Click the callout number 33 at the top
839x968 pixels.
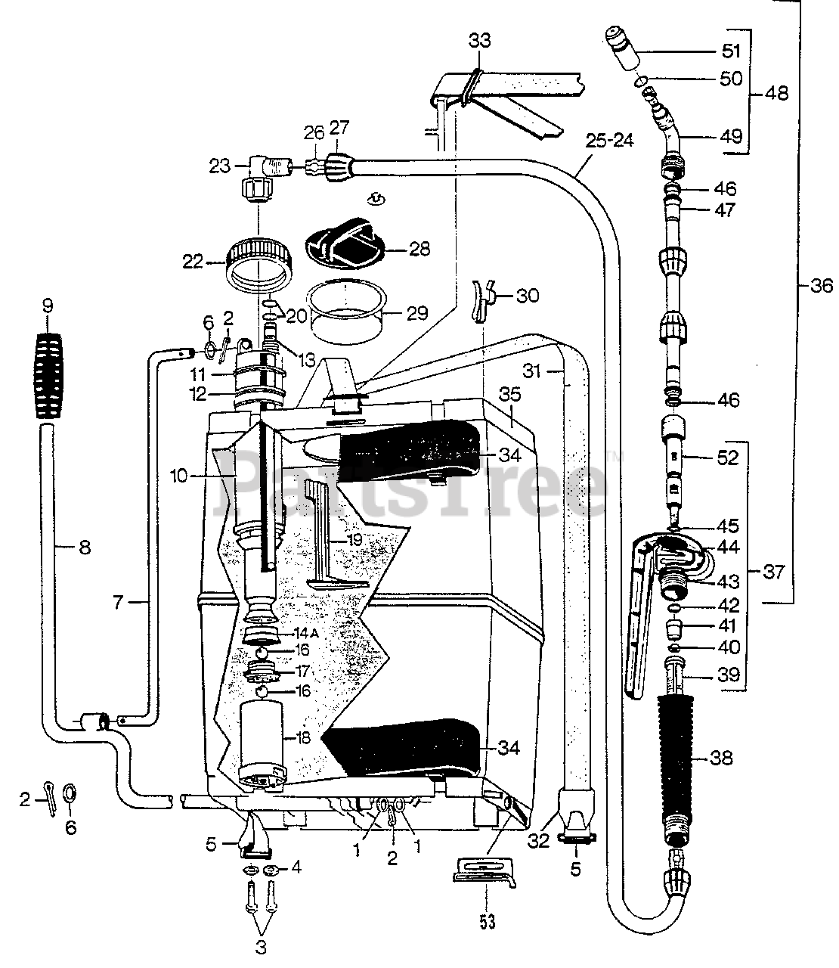tap(479, 40)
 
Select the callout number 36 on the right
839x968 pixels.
tap(820, 286)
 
